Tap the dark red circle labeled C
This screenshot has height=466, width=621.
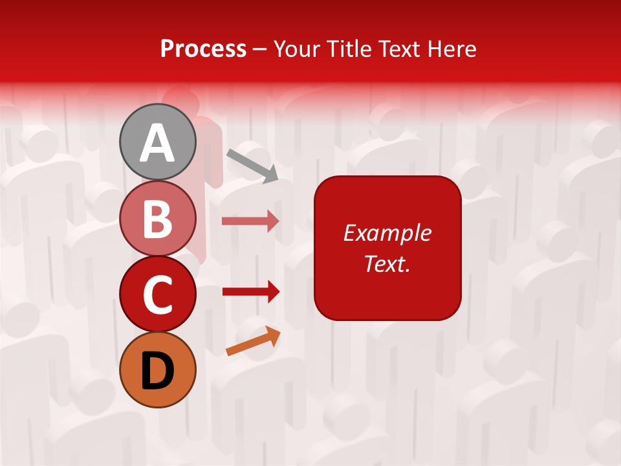[157, 294]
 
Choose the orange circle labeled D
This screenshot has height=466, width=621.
[157, 370]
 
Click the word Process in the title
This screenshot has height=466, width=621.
[203, 49]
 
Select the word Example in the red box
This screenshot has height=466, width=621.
[387, 233]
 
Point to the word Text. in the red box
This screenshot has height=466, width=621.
[387, 264]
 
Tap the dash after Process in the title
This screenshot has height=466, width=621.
[260, 50]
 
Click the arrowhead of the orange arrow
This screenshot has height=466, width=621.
[274, 335]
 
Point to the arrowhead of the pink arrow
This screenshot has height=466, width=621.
[273, 221]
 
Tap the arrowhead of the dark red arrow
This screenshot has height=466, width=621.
[273, 292]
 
